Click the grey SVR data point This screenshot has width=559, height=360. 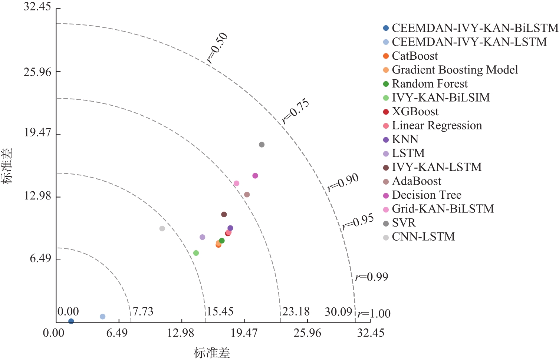(262, 145)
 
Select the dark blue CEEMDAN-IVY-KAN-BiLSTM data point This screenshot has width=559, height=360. (71, 321)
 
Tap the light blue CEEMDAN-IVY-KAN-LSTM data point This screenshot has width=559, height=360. (103, 317)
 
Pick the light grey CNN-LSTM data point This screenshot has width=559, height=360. (162, 228)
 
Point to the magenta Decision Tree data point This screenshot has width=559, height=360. (255, 176)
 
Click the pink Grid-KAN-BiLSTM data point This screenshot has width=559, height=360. (236, 184)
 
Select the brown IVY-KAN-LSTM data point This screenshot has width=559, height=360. (224, 214)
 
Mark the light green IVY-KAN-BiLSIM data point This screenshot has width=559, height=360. (196, 253)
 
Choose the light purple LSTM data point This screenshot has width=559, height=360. (203, 237)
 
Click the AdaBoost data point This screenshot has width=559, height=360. (247, 195)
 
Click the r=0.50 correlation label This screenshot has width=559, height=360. (217, 48)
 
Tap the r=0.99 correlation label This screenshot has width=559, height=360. (372, 277)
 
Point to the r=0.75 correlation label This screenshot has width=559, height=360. (295, 111)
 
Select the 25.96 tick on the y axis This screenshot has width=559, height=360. (37, 72)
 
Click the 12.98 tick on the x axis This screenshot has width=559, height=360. (181, 333)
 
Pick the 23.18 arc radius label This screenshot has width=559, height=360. (296, 311)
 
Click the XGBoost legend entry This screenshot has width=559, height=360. (415, 112)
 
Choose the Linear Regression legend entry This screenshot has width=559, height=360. (437, 126)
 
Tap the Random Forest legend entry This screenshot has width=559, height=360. (430, 84)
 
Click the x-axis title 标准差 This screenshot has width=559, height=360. (212, 353)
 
